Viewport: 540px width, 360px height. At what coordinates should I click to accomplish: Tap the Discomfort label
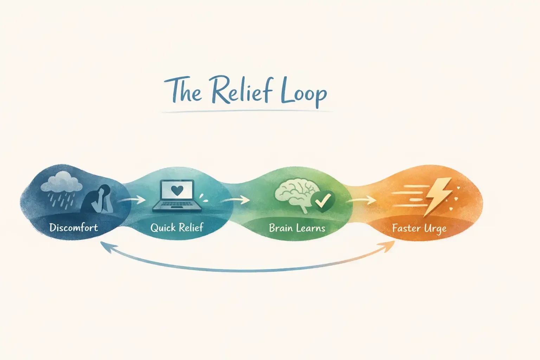point(73,227)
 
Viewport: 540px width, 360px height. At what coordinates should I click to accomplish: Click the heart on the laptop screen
point(177,190)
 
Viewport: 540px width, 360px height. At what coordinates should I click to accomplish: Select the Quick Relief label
point(177,227)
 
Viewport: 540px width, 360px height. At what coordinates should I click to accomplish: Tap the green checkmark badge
point(323,201)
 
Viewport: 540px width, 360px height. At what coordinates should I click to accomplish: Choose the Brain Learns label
point(297,228)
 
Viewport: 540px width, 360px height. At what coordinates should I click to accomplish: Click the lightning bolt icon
point(438,195)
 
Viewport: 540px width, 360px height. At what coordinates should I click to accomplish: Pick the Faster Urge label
point(419,229)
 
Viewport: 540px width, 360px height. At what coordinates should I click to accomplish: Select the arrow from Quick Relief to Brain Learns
point(236,200)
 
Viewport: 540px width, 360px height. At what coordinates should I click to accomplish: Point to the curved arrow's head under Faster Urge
point(388,246)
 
